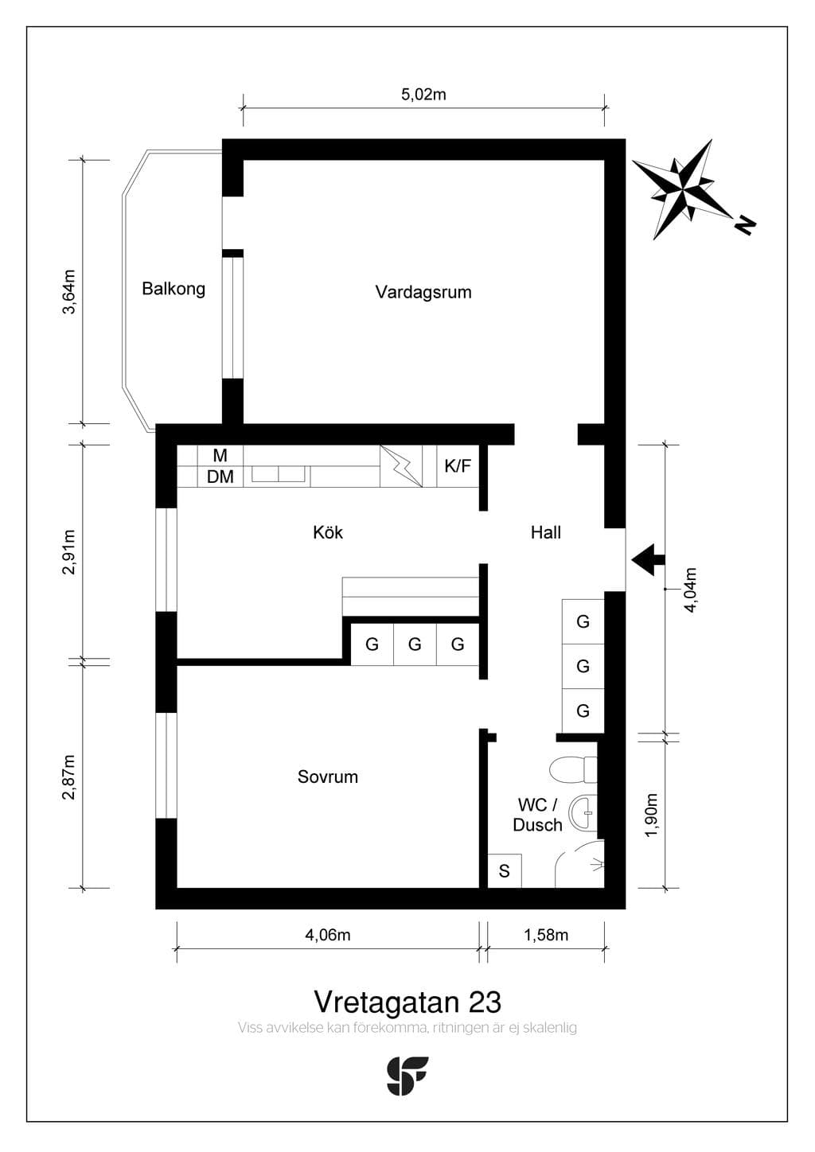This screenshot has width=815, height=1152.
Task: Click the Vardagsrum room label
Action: (423, 292)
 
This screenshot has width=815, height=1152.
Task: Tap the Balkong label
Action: (174, 289)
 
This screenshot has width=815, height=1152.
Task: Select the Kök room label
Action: (328, 532)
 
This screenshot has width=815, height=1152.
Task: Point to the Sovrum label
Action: (328, 776)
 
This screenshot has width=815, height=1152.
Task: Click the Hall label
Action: (546, 532)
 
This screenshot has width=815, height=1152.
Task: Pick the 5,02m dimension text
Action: (423, 95)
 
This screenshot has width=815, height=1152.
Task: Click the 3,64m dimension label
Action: (68, 292)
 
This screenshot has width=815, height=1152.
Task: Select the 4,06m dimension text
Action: (328, 935)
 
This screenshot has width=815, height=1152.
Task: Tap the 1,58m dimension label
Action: (546, 935)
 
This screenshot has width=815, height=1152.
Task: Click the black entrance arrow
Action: (649, 559)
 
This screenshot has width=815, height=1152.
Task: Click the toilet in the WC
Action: (573, 770)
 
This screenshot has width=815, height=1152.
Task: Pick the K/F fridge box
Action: (458, 466)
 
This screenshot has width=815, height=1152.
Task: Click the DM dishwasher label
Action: (220, 477)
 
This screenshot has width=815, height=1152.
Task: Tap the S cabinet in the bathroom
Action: (505, 870)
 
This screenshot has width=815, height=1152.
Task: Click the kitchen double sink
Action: (279, 474)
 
